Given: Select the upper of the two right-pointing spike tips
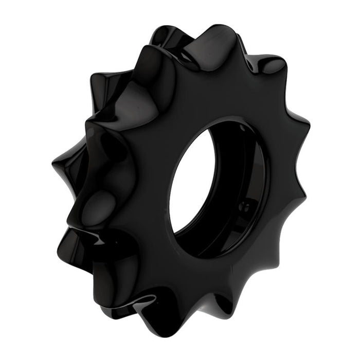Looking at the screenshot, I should pos(309,123).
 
